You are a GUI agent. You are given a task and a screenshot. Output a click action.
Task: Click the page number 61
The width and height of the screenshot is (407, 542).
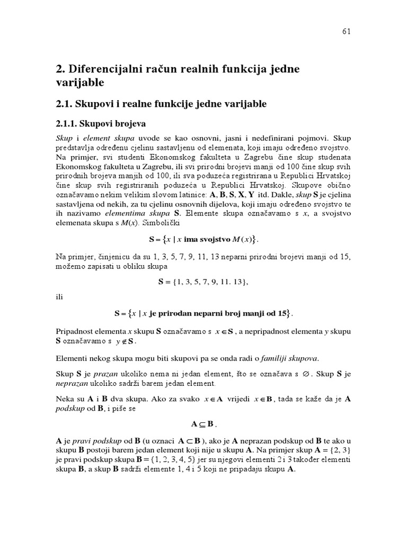[x=346, y=31]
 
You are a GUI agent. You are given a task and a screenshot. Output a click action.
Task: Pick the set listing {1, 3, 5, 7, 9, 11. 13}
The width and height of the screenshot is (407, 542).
[x=203, y=282]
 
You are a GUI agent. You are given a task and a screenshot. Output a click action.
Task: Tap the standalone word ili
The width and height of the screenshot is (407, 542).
[x=59, y=297]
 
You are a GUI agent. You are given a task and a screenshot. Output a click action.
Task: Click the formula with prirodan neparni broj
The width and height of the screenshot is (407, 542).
[x=203, y=313]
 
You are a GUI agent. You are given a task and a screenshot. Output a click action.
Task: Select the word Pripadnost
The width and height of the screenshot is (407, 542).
[x=75, y=332]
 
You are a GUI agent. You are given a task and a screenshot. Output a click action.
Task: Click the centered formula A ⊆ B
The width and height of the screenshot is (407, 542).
[x=203, y=424]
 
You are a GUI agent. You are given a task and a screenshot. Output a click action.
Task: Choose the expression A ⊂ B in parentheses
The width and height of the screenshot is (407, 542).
[x=190, y=440]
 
